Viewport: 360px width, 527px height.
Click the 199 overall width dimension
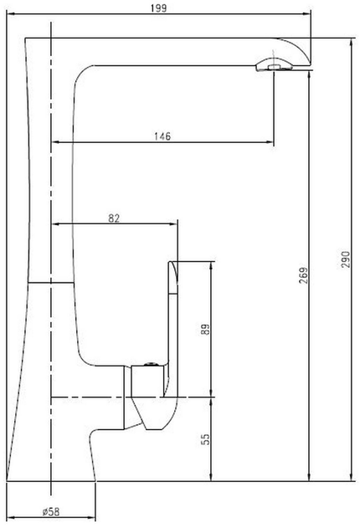tap(158, 8)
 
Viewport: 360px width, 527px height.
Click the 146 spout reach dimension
tap(162, 136)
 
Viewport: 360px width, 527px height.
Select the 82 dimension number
tap(114, 218)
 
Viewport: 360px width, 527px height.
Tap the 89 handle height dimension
tap(205, 329)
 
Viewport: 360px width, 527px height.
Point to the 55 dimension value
tap(205, 439)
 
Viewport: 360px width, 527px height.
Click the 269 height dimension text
tap(303, 275)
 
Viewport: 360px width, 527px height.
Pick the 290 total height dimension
tap(346, 259)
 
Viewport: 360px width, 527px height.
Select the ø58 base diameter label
tap(51, 512)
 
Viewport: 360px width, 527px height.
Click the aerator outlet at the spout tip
tap(274, 66)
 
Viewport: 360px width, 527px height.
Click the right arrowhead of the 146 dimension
tap(270, 142)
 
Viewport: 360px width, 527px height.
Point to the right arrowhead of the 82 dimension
tap(173, 224)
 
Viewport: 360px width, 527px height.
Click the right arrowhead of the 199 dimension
tap(306, 13)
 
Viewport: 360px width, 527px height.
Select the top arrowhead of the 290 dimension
tap(352, 43)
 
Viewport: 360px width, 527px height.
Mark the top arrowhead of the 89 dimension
tap(211, 265)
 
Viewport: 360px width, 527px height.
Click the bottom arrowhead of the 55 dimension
tap(211, 477)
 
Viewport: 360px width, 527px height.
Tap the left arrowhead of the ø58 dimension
tap(11, 518)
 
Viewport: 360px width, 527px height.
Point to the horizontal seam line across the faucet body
tap(51, 283)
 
